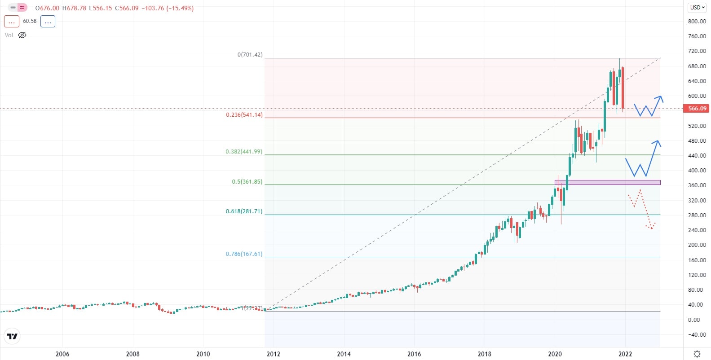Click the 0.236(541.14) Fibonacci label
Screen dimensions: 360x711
pos(244,115)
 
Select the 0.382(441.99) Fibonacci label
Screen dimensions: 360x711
pos(244,152)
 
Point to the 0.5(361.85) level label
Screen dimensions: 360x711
pos(247,182)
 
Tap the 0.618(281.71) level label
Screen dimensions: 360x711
pos(244,211)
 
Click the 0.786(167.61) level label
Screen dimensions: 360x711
pos(244,254)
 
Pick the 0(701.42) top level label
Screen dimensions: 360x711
pos(250,55)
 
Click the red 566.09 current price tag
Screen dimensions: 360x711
pos(697,108)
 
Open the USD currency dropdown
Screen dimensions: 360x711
pos(697,8)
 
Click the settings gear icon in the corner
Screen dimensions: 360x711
pos(697,354)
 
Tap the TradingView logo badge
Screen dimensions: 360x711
pos(12,336)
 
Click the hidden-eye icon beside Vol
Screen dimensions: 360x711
pos(22,35)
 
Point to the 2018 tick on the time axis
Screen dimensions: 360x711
pos(484,354)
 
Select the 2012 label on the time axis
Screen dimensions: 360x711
pos(273,354)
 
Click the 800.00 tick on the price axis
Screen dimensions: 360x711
pos(697,21)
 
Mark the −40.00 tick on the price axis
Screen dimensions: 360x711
pos(697,334)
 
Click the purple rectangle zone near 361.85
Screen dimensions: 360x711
pos(607,182)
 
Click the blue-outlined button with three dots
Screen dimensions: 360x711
pos(48,21)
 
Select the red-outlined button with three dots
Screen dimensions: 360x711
pos(12,21)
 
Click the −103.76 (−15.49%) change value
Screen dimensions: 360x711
pos(167,8)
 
